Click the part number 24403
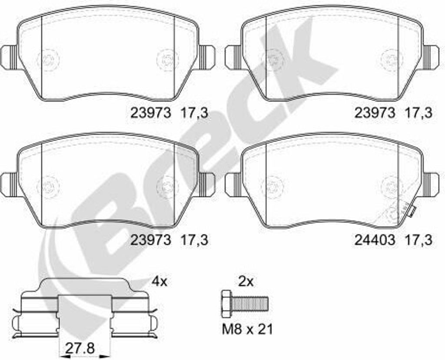(x=374, y=240)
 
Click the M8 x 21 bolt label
(x=247, y=329)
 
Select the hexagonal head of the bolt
(x=226, y=304)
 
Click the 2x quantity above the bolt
(x=246, y=282)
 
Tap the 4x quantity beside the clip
(x=160, y=282)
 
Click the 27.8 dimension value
(x=80, y=348)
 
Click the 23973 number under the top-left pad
(x=151, y=113)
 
